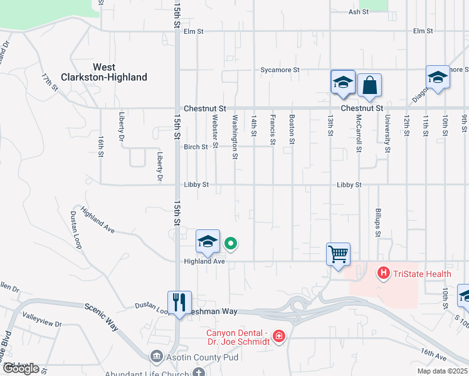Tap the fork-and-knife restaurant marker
coord(179,303)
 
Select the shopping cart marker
coord(338,254)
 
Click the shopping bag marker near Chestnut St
coord(370,85)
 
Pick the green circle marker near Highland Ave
coord(231,244)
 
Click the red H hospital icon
coord(382,273)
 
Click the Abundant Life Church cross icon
coord(199,373)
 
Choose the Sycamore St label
coord(280,70)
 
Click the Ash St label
coord(358,12)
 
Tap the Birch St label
coord(196,147)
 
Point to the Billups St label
coord(378,222)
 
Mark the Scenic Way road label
coord(102,317)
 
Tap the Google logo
coord(20,368)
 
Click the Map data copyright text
coord(442,371)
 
